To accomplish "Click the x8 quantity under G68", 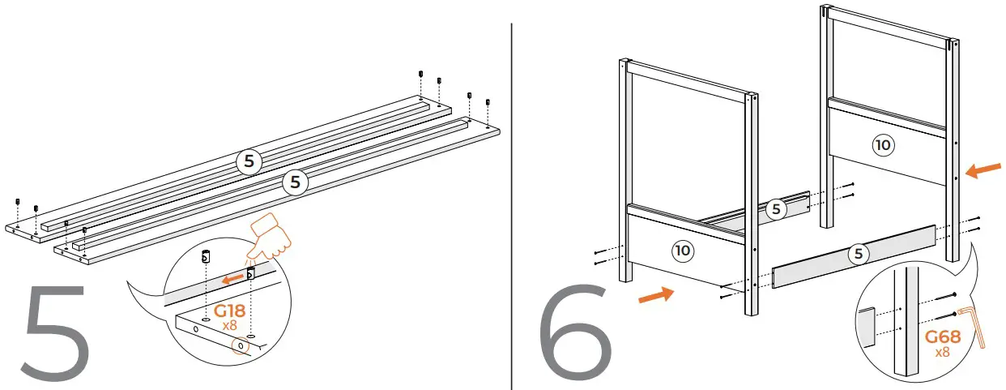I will (942, 353).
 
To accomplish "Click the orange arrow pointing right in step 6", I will (655, 298).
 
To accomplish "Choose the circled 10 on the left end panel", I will (683, 251).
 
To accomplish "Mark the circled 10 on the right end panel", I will (882, 145).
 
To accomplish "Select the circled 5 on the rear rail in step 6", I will (776, 209).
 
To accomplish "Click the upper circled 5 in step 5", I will (249, 161).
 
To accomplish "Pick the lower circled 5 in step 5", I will (295, 182).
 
